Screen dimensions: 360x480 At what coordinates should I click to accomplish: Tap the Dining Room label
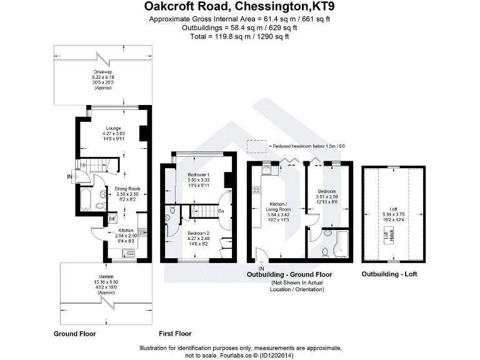[x=127, y=188]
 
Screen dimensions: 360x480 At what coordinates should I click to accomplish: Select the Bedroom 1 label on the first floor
[x=198, y=174]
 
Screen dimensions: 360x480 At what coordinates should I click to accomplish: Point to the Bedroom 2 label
[x=198, y=232]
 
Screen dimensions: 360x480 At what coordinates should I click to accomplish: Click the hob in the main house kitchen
[x=143, y=232]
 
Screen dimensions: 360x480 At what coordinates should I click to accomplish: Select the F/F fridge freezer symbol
[x=112, y=219]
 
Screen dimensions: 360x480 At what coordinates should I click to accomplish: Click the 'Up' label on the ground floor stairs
[x=83, y=164]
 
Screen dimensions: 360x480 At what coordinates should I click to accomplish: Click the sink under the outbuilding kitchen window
[x=267, y=169]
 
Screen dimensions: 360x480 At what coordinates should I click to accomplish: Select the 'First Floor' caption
[x=175, y=334]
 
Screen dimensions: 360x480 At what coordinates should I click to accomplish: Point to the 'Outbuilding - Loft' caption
[x=389, y=274]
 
